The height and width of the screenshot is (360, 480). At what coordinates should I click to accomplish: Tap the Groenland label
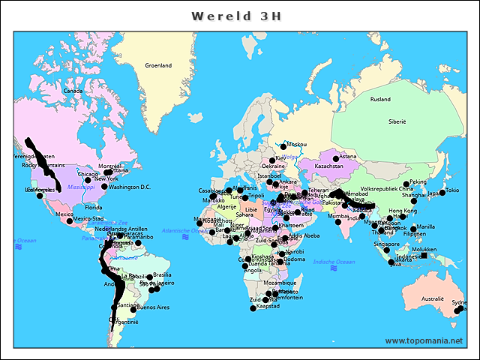tap(158, 65)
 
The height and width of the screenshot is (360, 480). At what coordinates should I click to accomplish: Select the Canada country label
tap(72, 91)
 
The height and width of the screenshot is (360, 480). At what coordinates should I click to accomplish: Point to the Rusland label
tap(380, 99)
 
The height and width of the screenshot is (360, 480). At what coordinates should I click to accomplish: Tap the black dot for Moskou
tap(283, 144)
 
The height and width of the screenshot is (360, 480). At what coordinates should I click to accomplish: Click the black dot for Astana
tap(337, 158)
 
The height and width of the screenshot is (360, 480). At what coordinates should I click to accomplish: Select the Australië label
tap(432, 298)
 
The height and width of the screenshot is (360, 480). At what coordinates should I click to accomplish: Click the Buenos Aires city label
tap(153, 307)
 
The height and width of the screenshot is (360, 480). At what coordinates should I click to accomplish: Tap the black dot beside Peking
tap(406, 183)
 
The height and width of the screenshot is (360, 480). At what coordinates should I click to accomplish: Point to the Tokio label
tap(452, 190)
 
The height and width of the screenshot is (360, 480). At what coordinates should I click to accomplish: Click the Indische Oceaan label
tap(334, 262)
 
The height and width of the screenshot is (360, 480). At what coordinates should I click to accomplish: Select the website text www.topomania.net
tap(424, 340)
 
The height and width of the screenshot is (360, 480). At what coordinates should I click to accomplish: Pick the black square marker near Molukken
tap(424, 256)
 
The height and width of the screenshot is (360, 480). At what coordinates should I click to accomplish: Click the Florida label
tap(93, 207)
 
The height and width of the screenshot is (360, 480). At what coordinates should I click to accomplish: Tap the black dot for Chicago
tap(88, 180)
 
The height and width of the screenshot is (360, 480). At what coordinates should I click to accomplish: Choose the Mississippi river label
tap(81, 187)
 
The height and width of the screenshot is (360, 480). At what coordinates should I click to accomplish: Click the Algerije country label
tap(226, 206)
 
